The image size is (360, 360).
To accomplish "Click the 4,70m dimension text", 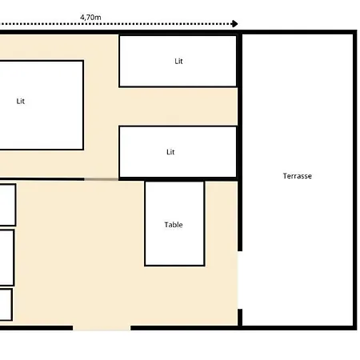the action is (90, 18).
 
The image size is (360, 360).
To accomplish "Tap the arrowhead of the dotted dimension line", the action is (234, 24).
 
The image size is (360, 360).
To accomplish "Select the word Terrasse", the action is (298, 176).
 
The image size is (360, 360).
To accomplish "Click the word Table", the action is (174, 225).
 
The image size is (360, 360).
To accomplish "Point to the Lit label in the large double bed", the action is (21, 101).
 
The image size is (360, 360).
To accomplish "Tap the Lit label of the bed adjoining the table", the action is (170, 152).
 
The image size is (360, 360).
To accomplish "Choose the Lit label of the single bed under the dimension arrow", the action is (178, 61).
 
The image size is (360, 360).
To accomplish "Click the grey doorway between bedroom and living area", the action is (102, 179).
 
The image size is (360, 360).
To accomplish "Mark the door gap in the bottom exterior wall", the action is (102, 328).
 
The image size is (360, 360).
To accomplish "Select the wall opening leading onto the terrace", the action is (240, 280).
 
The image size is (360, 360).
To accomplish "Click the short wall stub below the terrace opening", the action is (240, 318).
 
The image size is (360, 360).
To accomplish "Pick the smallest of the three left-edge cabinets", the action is (6, 305).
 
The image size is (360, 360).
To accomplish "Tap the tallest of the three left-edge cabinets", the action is (6, 258).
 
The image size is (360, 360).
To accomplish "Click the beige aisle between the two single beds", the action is (178, 106).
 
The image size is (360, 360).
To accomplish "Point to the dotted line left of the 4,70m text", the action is (39, 24).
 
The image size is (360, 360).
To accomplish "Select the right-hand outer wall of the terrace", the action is (355, 180).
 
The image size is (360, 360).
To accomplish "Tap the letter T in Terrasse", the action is (285, 176).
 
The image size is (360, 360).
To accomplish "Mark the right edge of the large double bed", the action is (83, 106).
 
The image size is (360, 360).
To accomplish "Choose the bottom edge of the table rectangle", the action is (174, 266).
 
